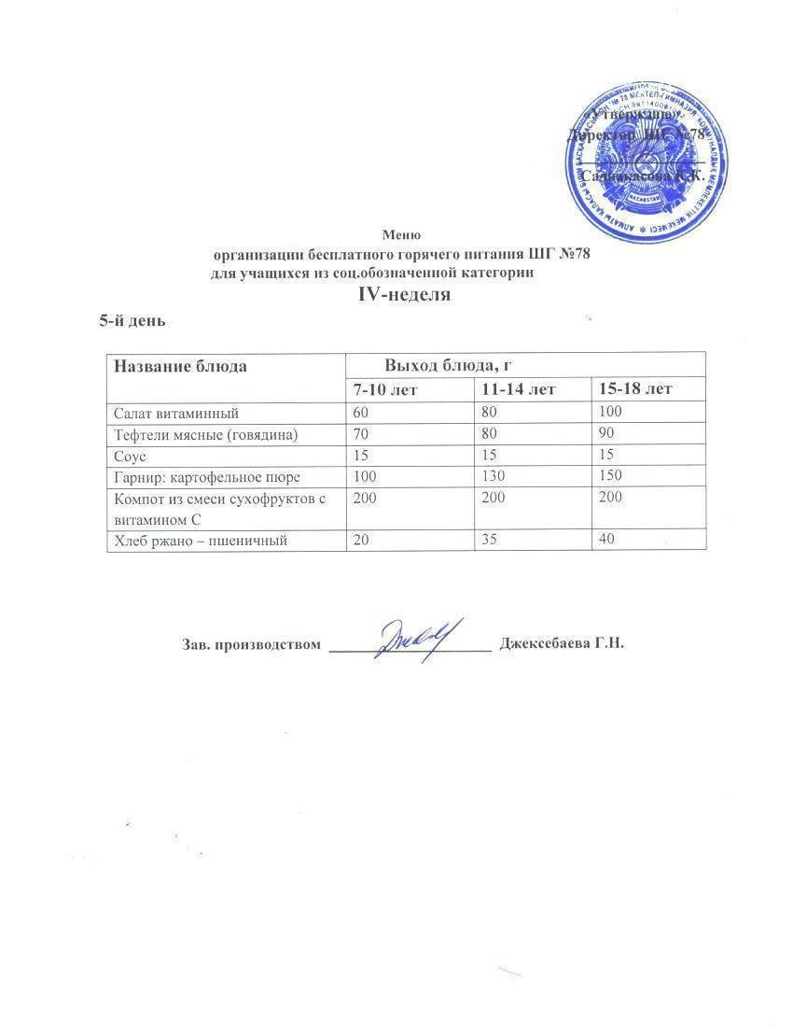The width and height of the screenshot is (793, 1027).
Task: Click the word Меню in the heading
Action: click(x=401, y=234)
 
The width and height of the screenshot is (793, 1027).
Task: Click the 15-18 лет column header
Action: click(x=636, y=388)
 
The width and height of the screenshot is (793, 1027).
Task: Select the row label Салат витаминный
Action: click(x=176, y=412)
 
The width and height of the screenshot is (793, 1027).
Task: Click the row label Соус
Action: click(x=130, y=455)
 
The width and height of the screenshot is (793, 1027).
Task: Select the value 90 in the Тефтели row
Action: click(x=606, y=433)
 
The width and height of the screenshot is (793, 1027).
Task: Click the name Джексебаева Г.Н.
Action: click(x=561, y=644)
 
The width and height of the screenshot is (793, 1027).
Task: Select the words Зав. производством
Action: click(x=250, y=644)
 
